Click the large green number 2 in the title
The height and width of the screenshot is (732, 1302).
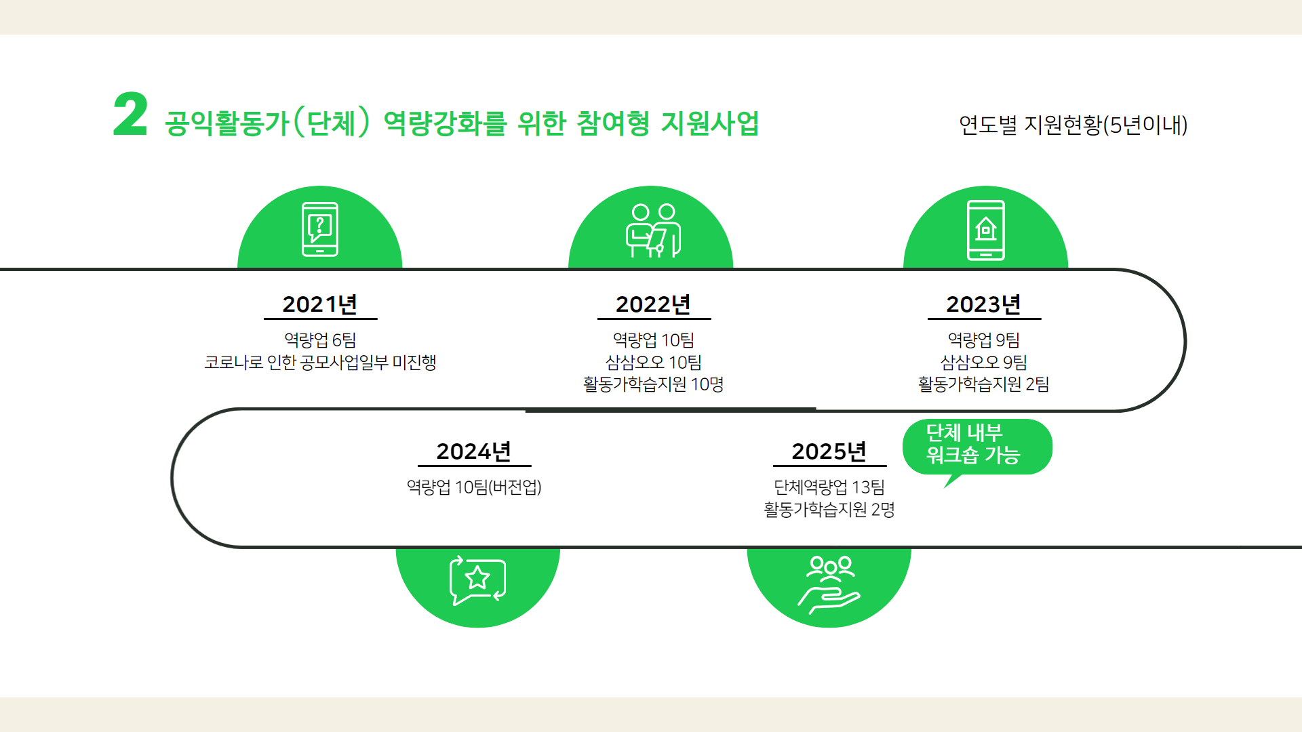pos(130,115)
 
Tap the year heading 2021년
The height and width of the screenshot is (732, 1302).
pos(320,304)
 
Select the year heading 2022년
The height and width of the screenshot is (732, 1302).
pos(653,304)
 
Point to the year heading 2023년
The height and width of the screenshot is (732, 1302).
pos(984,304)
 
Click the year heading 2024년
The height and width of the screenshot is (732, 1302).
pos(474,451)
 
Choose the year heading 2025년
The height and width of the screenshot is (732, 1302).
pos(829,451)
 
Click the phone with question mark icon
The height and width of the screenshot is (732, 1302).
pos(320,229)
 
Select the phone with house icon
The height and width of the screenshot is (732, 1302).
pos(986,230)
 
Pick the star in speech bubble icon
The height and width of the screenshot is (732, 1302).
pos(477,580)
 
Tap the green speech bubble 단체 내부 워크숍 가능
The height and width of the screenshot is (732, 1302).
pos(977,447)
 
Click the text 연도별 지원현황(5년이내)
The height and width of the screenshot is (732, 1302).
pos(1073,125)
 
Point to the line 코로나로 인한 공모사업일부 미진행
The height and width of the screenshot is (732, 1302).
pos(320,362)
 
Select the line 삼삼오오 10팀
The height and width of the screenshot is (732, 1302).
pos(653,362)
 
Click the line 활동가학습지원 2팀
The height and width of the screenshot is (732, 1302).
pos(984,384)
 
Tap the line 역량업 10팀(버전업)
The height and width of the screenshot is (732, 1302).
pos(474,487)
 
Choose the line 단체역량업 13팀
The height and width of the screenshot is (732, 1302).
pos(829,487)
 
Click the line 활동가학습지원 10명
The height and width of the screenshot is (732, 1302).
pos(653,384)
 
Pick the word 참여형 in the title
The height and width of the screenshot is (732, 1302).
pos(613,123)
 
